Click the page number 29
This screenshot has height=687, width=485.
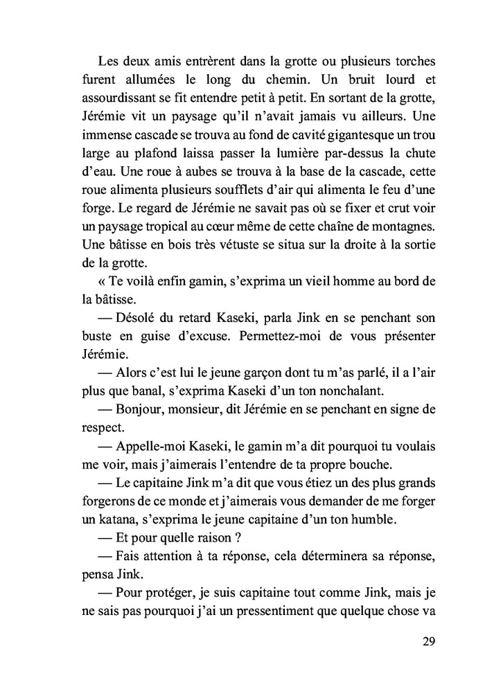click(x=427, y=641)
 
